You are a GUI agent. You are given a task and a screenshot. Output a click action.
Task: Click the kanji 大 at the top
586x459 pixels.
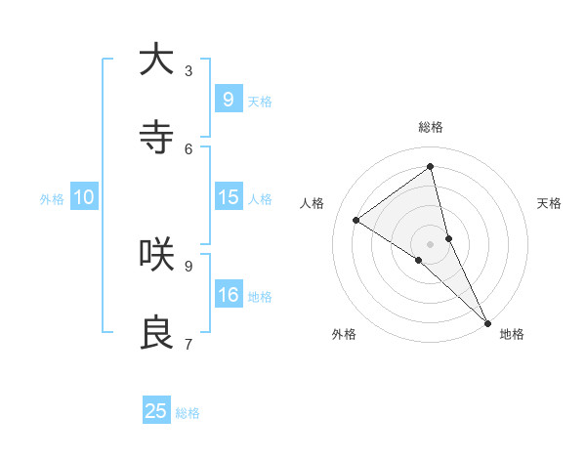coord(156,60)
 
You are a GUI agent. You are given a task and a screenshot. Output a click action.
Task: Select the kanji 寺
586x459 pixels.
coord(156,138)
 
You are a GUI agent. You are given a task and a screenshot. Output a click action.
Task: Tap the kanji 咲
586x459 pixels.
coord(156,255)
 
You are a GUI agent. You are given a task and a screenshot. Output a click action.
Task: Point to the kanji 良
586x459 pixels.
coord(156,333)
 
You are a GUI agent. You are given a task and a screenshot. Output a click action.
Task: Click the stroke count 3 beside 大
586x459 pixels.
coord(188,70)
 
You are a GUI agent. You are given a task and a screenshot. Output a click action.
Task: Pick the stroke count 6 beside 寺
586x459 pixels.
coord(188,148)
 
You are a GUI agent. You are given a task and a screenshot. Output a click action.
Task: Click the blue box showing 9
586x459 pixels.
coord(228,99)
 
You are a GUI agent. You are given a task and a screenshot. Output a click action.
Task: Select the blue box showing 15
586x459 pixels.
coord(228,197)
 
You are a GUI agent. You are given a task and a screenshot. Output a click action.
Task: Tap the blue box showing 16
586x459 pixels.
coord(228,295)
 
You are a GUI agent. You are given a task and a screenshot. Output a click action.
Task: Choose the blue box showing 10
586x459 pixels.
coord(84,197)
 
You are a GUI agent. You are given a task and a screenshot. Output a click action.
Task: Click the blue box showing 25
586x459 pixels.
coord(156,411)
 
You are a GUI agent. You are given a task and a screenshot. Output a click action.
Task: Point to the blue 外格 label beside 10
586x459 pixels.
coord(52,199)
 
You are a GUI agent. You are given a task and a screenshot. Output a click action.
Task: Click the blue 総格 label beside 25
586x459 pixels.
coord(188,413)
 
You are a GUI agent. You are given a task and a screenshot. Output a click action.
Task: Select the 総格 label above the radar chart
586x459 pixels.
coord(431,127)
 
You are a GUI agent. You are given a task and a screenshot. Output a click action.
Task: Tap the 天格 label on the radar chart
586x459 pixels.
coord(550,203)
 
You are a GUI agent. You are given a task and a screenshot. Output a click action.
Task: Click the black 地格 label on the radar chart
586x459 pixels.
coord(512,334)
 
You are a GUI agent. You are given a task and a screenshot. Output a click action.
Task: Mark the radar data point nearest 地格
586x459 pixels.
coord(486,321)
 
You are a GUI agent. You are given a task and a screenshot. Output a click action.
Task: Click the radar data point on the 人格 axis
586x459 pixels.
coord(356,220)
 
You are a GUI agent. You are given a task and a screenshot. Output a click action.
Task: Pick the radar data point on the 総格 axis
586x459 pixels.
coord(431,167)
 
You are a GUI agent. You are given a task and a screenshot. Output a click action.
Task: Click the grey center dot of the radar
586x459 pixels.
coord(431,243)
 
